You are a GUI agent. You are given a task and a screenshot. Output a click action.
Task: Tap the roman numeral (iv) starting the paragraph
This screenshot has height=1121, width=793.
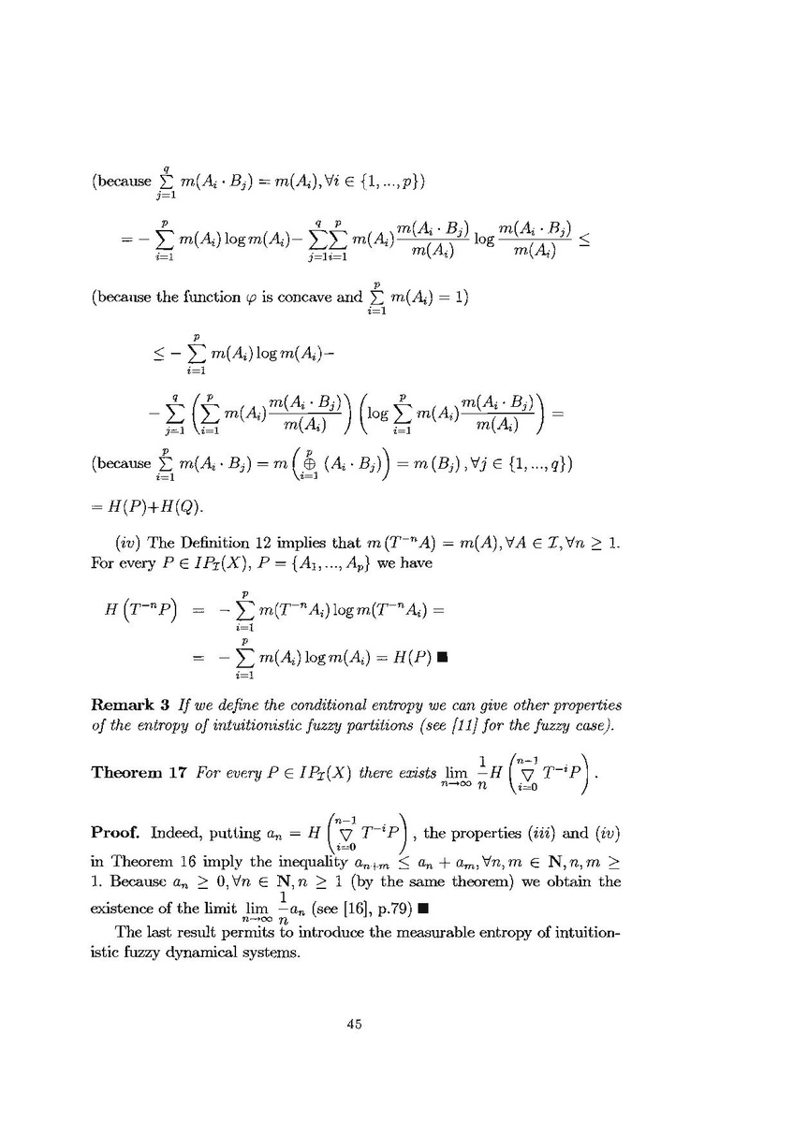(128, 544)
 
